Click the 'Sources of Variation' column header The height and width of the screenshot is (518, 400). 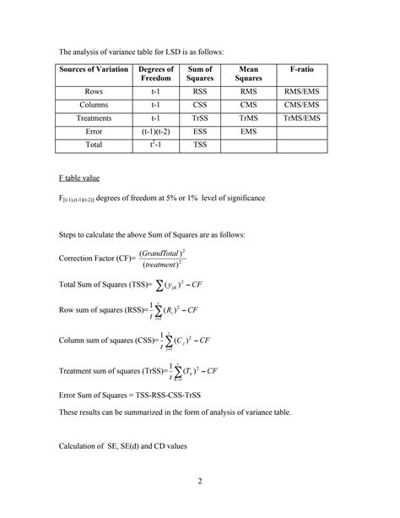click(x=94, y=74)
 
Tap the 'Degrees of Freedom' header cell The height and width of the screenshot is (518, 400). click(x=156, y=74)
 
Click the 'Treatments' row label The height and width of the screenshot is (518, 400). click(x=94, y=118)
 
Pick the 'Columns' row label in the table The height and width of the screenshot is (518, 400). click(x=94, y=104)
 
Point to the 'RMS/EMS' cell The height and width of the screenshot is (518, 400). click(x=301, y=90)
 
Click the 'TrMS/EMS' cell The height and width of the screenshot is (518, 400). click(x=301, y=118)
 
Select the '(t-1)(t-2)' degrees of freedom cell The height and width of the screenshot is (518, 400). click(x=156, y=133)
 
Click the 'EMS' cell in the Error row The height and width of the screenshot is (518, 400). click(x=249, y=133)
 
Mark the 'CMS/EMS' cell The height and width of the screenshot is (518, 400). click(x=301, y=104)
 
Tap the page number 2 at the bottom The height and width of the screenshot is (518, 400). click(x=200, y=483)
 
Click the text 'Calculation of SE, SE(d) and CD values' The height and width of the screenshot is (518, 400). click(x=122, y=445)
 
